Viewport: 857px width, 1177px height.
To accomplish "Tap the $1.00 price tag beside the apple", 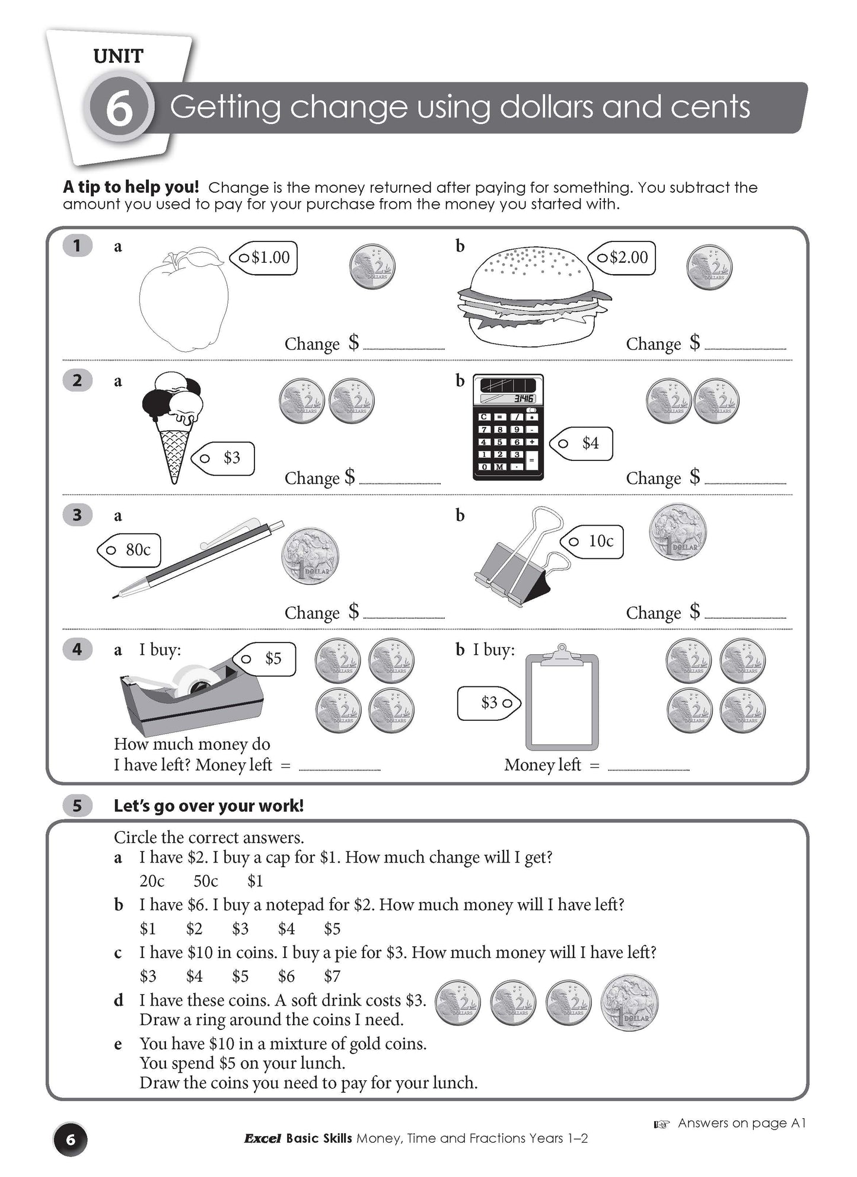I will point(265,257).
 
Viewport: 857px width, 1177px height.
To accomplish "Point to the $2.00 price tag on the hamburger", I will point(623,257).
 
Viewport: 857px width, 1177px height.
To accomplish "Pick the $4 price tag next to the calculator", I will point(583,443).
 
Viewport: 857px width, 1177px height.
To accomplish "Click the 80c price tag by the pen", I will point(130,550).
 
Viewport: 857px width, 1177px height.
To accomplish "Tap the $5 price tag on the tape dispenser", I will point(266,659).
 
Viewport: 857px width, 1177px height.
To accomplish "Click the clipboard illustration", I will point(562,700).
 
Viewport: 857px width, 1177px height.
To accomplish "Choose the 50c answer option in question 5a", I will point(206,881).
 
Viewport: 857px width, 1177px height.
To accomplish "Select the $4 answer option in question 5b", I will point(286,928).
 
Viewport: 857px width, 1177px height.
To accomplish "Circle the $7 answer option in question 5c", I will point(332,976).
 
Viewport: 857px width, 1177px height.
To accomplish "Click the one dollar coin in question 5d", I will point(629,1003).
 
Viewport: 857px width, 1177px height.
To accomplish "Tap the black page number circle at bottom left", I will point(71,1140).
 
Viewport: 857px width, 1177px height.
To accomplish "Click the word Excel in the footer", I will point(262,1138).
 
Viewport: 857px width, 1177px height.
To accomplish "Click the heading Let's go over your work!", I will point(209,806).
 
